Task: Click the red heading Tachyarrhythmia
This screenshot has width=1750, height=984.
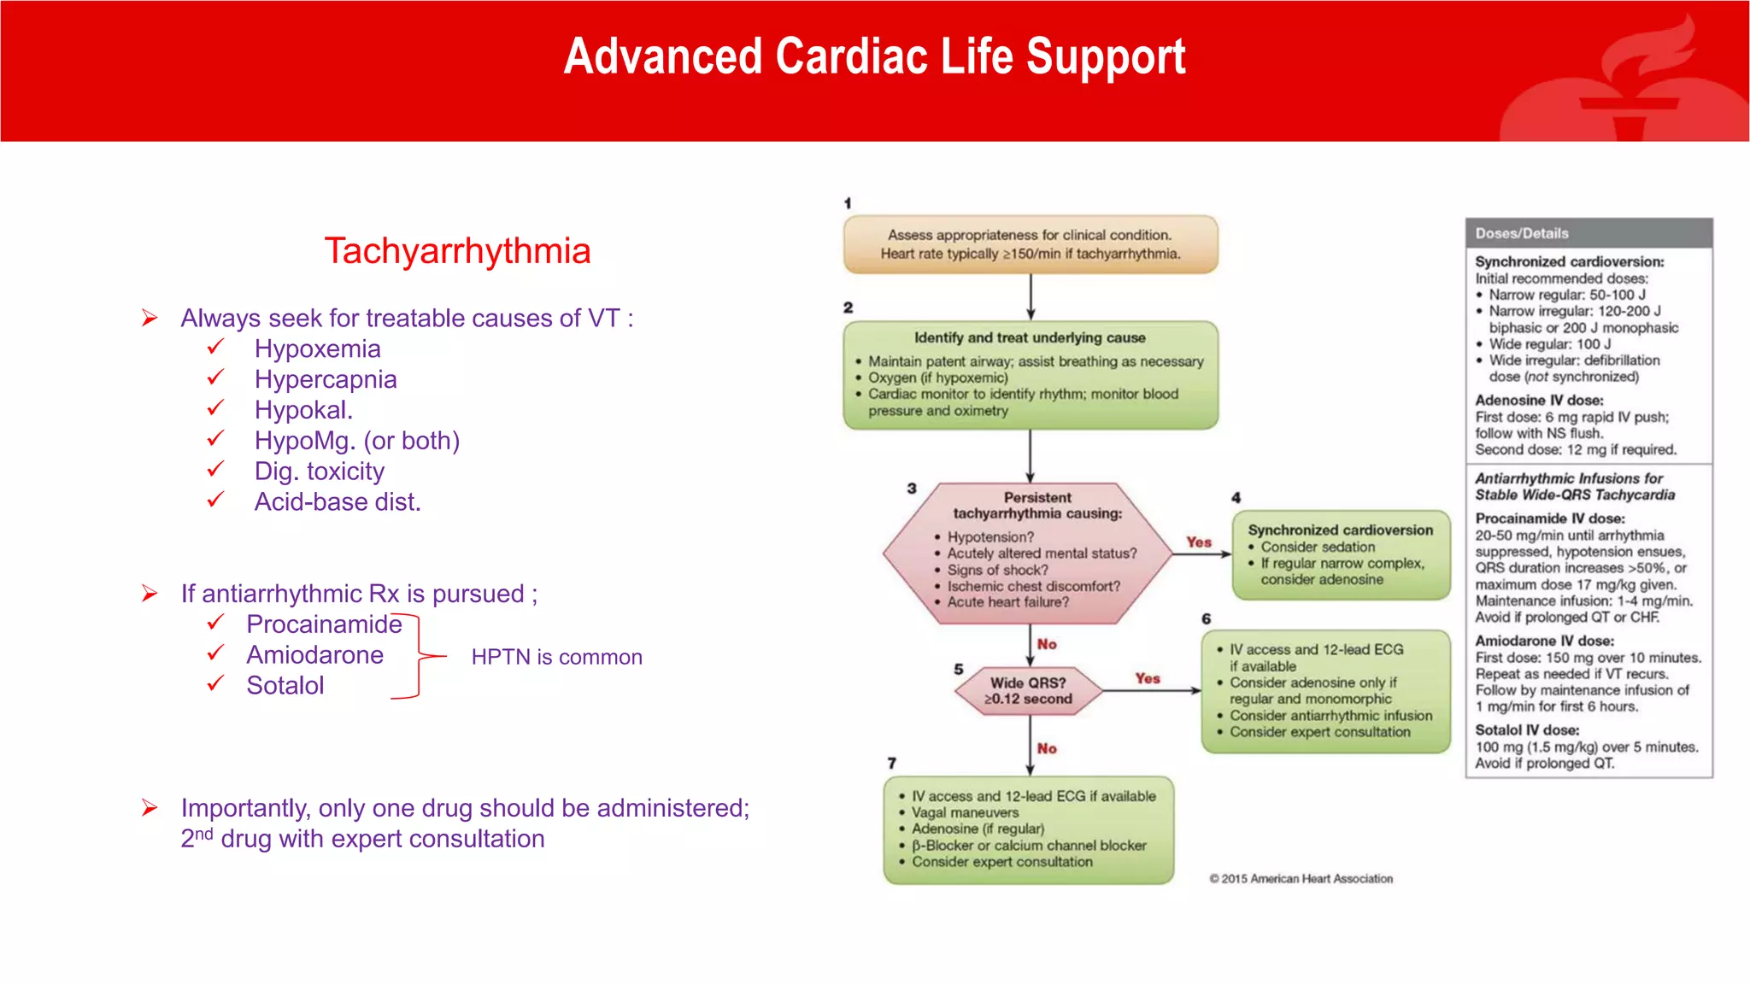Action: coord(457,251)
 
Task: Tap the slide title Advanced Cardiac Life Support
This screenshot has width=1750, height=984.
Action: coord(874,57)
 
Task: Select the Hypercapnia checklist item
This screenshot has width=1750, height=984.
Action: coord(325,379)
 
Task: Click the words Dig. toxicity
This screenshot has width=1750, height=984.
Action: coord(319,471)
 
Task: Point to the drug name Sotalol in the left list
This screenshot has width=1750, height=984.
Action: coord(285,686)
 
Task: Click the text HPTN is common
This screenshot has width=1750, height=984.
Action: coord(556,657)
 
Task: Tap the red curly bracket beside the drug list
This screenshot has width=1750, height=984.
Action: coord(419,656)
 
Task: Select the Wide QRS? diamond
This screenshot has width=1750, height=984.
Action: coord(1027,690)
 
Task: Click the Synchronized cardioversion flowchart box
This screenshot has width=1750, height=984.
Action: coord(1340,554)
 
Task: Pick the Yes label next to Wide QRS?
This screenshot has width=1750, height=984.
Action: coord(1148,678)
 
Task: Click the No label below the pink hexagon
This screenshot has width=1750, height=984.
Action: coord(1047,644)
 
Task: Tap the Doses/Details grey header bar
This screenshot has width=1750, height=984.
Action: coord(1588,233)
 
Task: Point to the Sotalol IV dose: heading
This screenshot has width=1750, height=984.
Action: coord(1526,730)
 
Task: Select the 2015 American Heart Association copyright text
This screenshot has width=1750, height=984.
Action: coord(1301,879)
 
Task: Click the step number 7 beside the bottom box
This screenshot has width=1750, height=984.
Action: coord(891,763)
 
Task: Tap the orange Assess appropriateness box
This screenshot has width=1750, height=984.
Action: coord(1030,244)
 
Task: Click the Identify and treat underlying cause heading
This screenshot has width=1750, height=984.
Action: coord(1029,338)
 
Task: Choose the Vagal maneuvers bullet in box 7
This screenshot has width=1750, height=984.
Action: coord(964,813)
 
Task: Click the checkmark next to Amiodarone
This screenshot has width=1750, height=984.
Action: coord(215,654)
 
